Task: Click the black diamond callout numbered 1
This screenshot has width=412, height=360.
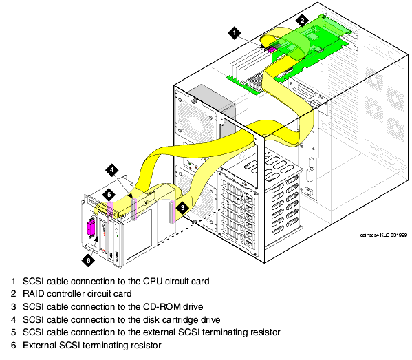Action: pos(235,33)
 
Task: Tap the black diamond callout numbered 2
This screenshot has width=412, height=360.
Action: pos(302,21)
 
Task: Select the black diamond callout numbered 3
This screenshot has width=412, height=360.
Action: pos(183,208)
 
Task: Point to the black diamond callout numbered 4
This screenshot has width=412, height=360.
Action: pos(112,170)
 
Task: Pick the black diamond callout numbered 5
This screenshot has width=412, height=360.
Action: pos(109,195)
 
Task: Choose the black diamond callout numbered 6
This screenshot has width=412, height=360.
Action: pos(88,260)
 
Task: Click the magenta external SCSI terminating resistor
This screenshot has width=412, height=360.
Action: pos(91,227)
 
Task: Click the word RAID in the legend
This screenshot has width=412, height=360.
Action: pos(34,294)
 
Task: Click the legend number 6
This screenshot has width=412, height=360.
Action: pos(13,346)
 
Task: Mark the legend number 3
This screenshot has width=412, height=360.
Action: pos(13,306)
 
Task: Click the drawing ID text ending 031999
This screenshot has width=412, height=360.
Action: pos(384,235)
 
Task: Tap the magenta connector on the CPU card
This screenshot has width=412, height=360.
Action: pos(270,50)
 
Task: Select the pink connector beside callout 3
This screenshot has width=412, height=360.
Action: pos(172,212)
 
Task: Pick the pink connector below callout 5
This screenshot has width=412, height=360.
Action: pos(110,209)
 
